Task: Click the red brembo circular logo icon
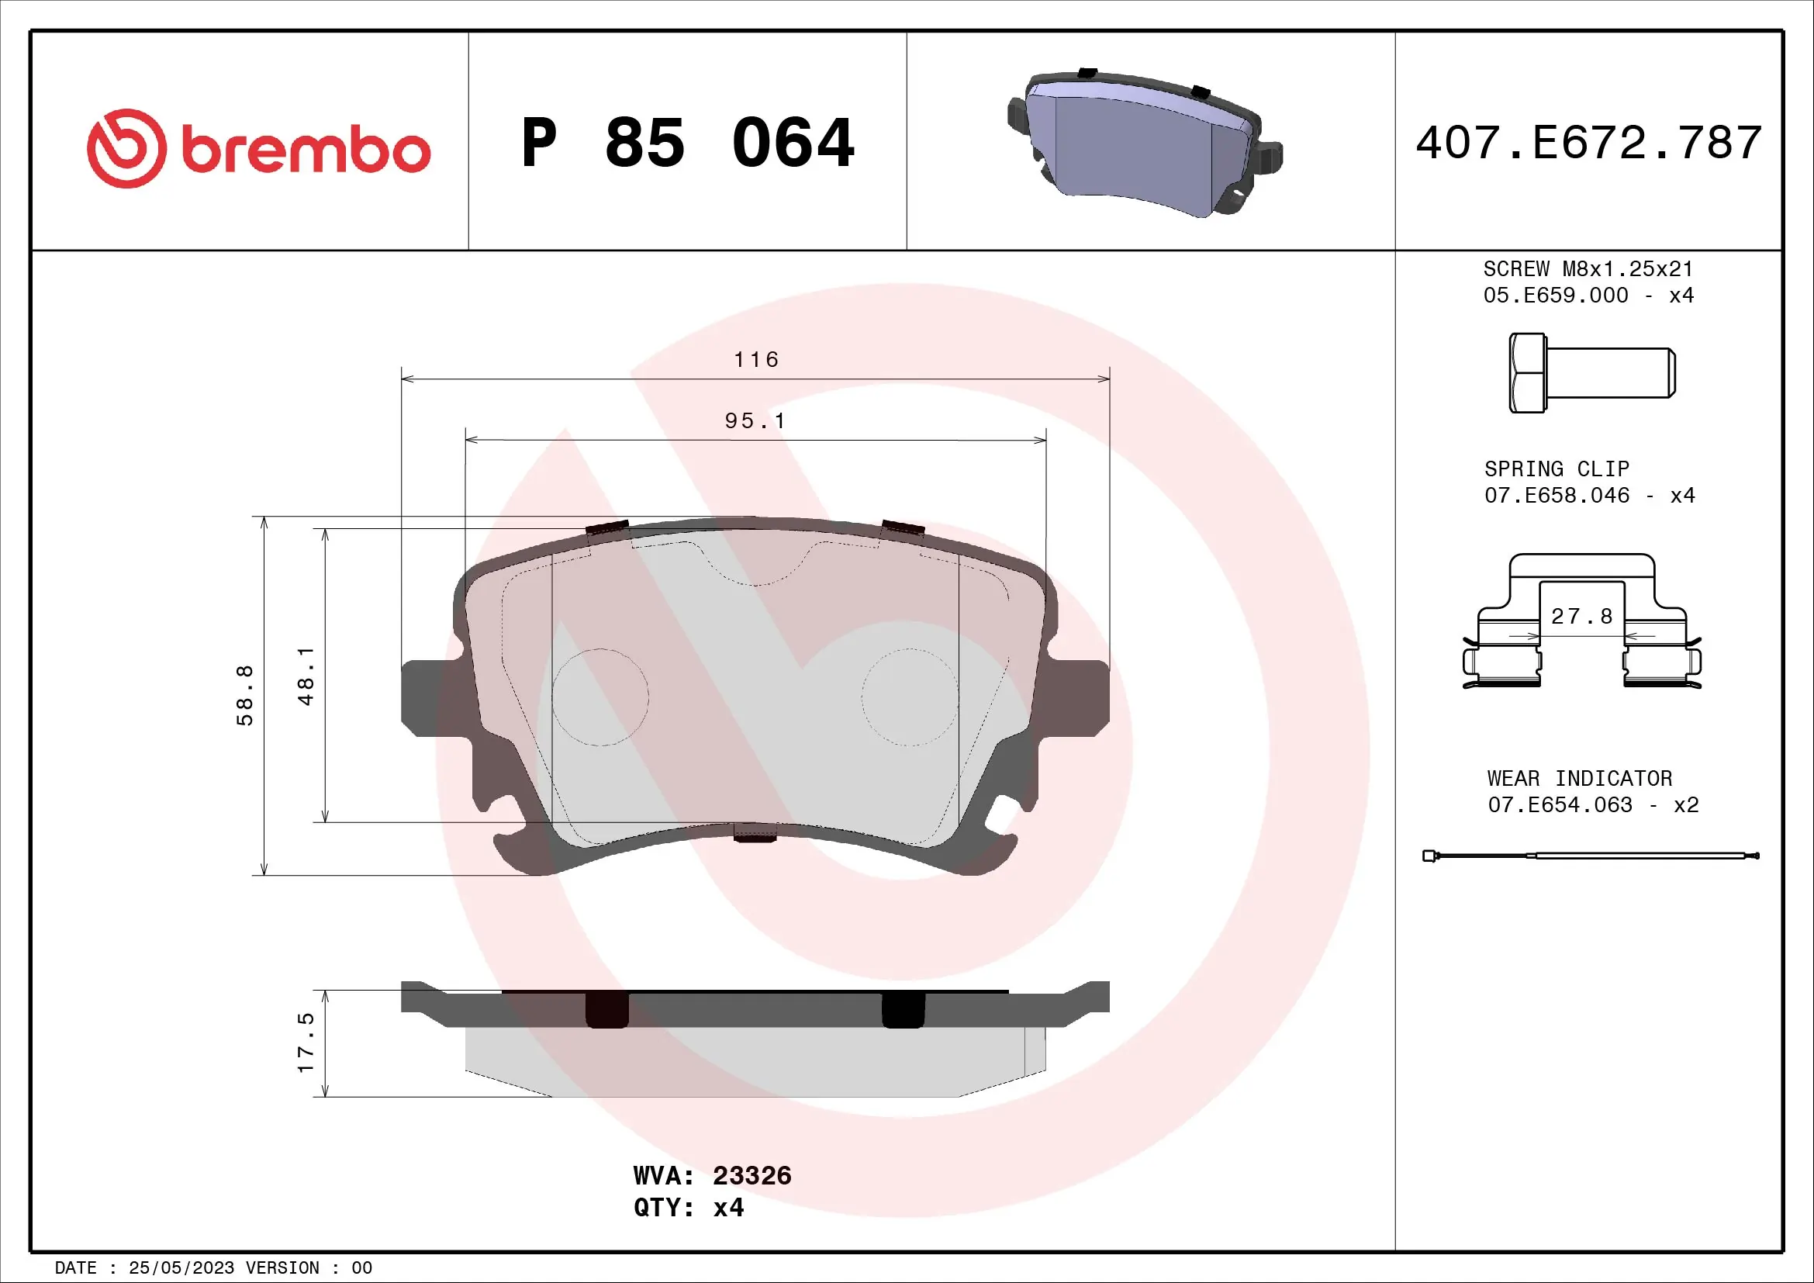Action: [126, 148]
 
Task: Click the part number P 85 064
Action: [687, 143]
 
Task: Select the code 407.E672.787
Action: [1588, 143]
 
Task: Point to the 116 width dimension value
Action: [756, 360]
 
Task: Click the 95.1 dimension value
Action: [755, 421]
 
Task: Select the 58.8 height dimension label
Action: [245, 695]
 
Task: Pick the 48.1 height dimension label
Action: [306, 676]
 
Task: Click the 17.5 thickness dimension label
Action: [306, 1043]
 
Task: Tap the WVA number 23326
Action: [752, 1175]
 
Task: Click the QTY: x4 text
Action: [688, 1208]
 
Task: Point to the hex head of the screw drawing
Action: [1526, 373]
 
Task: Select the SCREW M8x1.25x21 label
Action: [1588, 269]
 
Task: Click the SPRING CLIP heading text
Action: [1557, 469]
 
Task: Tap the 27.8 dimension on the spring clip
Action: [1581, 616]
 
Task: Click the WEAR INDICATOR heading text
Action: [1579, 779]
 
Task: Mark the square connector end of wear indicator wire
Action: [1429, 856]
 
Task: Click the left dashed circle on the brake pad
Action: [600, 697]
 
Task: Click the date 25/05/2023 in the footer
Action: [181, 1268]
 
